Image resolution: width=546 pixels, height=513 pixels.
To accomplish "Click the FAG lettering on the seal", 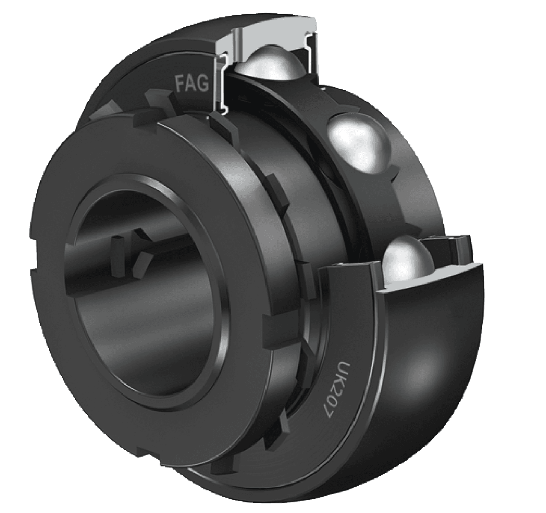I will tap(191, 82).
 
